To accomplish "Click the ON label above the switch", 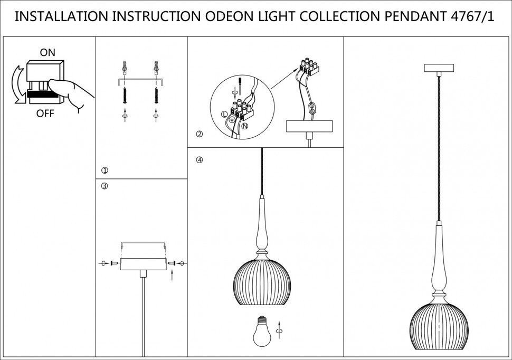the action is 48,52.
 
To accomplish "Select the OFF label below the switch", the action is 45,113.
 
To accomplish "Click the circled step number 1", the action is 105,170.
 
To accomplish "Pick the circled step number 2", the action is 199,134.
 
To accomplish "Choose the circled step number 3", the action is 105,186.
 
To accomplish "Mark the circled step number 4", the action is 199,159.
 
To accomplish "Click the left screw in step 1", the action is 125,95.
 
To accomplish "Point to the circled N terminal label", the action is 245,126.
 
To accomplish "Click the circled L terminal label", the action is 224,113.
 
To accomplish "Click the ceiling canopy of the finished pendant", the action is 439,69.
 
